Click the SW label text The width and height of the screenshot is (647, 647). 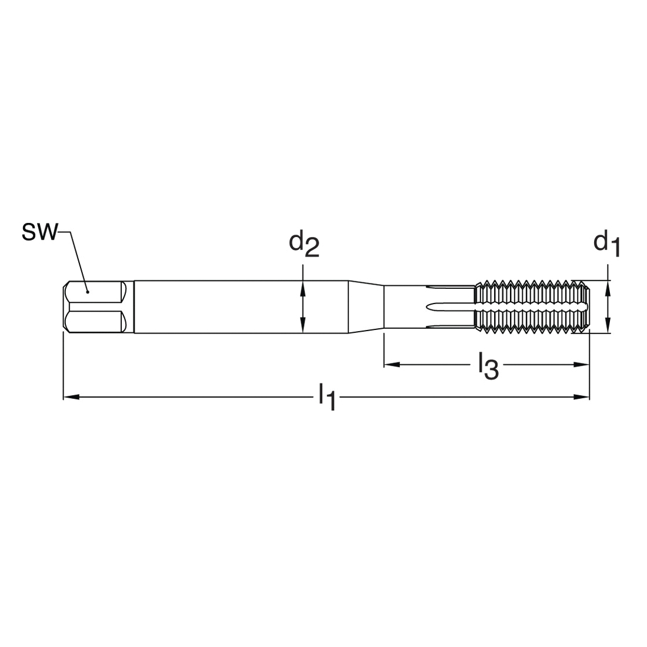click(39, 232)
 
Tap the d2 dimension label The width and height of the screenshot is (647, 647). click(304, 244)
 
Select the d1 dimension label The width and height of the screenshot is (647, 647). click(606, 244)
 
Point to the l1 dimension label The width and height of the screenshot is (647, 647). click(327, 397)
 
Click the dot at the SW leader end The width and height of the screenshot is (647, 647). click(88, 292)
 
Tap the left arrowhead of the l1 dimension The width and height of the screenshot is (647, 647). click(71, 397)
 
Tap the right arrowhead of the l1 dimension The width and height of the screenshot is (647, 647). click(581, 397)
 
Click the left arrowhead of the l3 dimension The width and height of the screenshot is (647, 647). click(392, 364)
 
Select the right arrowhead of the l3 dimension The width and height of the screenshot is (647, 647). click(581, 364)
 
